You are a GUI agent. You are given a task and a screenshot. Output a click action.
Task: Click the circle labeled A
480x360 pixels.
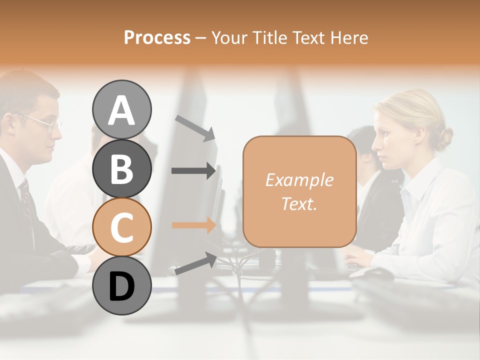121,109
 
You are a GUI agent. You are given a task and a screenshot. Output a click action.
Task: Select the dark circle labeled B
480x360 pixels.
121,168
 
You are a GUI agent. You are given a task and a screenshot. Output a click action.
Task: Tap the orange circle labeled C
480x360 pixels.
121,227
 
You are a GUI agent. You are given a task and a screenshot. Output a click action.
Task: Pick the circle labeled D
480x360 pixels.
121,286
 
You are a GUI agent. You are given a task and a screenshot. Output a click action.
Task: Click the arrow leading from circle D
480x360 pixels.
195,263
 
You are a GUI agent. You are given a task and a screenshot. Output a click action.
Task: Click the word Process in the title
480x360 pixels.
157,37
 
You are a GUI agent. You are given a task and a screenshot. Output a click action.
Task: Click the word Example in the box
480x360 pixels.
299,180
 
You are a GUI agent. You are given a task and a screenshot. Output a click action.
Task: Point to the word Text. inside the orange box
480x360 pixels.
299,203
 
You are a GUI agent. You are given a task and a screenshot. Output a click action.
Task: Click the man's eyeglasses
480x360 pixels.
45,122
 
